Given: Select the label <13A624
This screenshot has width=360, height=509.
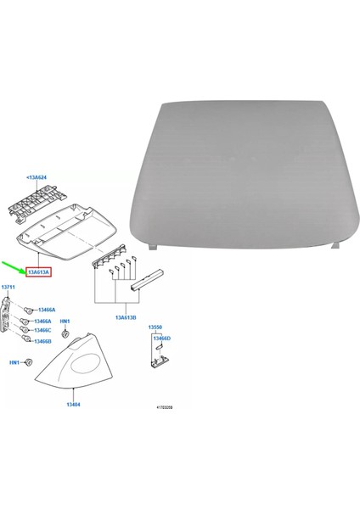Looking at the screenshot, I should click(x=38, y=178).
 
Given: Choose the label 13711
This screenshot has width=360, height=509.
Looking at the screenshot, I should click(x=9, y=288).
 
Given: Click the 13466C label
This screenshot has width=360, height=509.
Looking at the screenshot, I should click(x=42, y=329).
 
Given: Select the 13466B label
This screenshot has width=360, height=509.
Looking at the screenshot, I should click(x=42, y=341).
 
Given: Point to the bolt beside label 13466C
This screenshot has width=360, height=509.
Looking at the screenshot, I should click(x=25, y=331).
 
